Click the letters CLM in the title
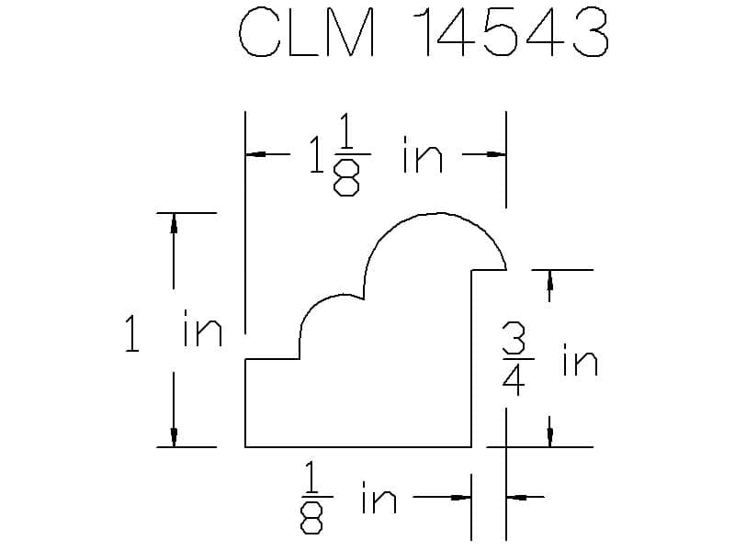click(x=307, y=32)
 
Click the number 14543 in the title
click(x=511, y=32)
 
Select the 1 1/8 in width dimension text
click(x=376, y=154)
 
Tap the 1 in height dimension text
click(x=174, y=332)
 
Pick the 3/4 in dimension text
click(x=549, y=361)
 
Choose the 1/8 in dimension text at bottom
click(x=349, y=498)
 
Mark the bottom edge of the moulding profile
click(x=358, y=447)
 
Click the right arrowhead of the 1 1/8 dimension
click(x=495, y=153)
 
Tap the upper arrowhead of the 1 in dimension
click(x=174, y=223)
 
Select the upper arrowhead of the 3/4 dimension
click(x=549, y=280)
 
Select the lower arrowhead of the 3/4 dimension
click(x=549, y=437)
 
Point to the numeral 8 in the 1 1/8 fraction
click(x=346, y=177)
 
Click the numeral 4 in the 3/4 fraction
click(x=514, y=378)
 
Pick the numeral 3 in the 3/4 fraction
click(x=514, y=339)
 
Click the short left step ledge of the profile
click(x=272, y=359)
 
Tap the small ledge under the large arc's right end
click(x=489, y=270)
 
